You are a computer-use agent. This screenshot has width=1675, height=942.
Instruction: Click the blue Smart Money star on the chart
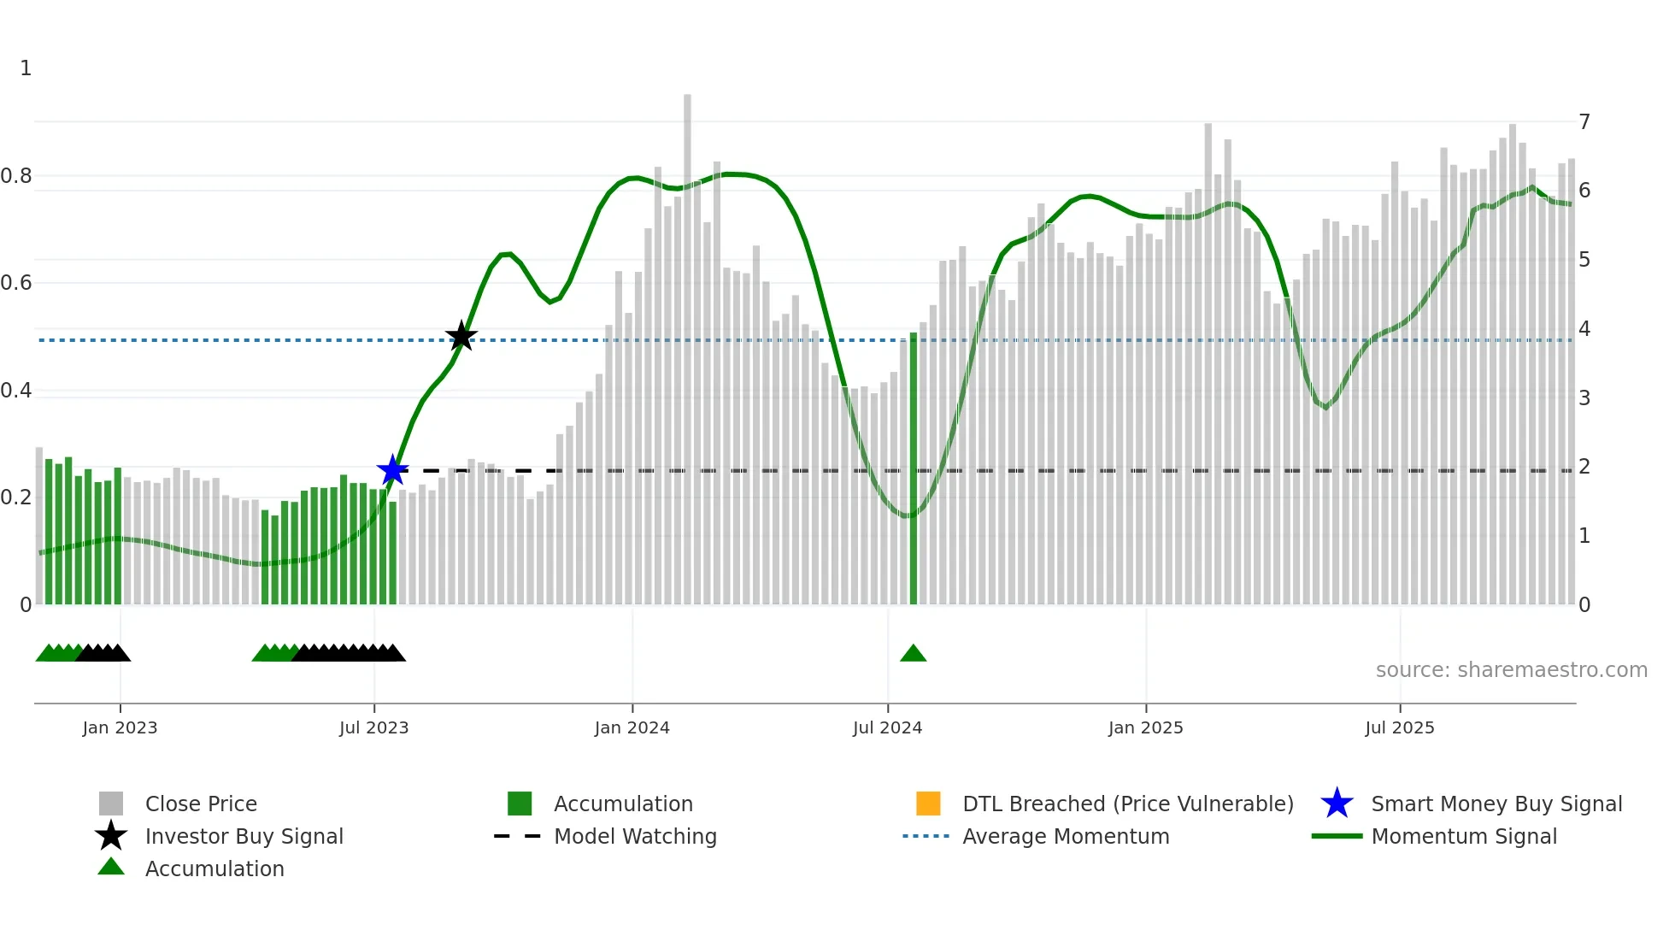pyautogui.click(x=393, y=470)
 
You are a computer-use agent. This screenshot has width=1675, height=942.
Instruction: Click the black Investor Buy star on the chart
pyautogui.click(x=461, y=337)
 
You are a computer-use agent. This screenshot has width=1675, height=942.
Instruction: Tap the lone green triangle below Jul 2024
pyautogui.click(x=913, y=654)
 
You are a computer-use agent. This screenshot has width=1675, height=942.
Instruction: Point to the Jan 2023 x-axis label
pyautogui.click(x=120, y=727)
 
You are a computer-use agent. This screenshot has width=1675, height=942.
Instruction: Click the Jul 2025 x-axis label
pyautogui.click(x=1399, y=727)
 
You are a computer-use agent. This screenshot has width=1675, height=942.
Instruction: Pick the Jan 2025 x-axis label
pyautogui.click(x=1145, y=727)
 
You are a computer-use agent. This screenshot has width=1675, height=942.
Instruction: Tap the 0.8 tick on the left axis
pyautogui.click(x=16, y=176)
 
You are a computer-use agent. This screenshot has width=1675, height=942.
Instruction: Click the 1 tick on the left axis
pyautogui.click(x=26, y=68)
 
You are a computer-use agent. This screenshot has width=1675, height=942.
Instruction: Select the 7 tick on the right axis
pyautogui.click(x=1584, y=122)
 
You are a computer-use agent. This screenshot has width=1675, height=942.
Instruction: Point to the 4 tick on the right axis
pyautogui.click(x=1584, y=329)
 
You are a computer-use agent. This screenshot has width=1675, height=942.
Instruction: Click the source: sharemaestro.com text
pyautogui.click(x=1511, y=670)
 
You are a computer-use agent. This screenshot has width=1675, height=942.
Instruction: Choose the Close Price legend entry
pyautogui.click(x=201, y=804)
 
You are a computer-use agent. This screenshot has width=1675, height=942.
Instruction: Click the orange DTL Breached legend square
pyautogui.click(x=928, y=804)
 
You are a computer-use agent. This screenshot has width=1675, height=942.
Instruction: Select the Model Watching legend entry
pyautogui.click(x=635, y=836)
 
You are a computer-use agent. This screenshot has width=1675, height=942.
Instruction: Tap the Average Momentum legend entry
pyautogui.click(x=1066, y=836)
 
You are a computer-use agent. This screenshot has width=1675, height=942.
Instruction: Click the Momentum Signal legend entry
pyautogui.click(x=1464, y=836)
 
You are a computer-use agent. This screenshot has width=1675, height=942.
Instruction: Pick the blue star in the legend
pyautogui.click(x=1337, y=804)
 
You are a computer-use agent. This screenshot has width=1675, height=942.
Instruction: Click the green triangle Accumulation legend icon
pyautogui.click(x=111, y=868)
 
